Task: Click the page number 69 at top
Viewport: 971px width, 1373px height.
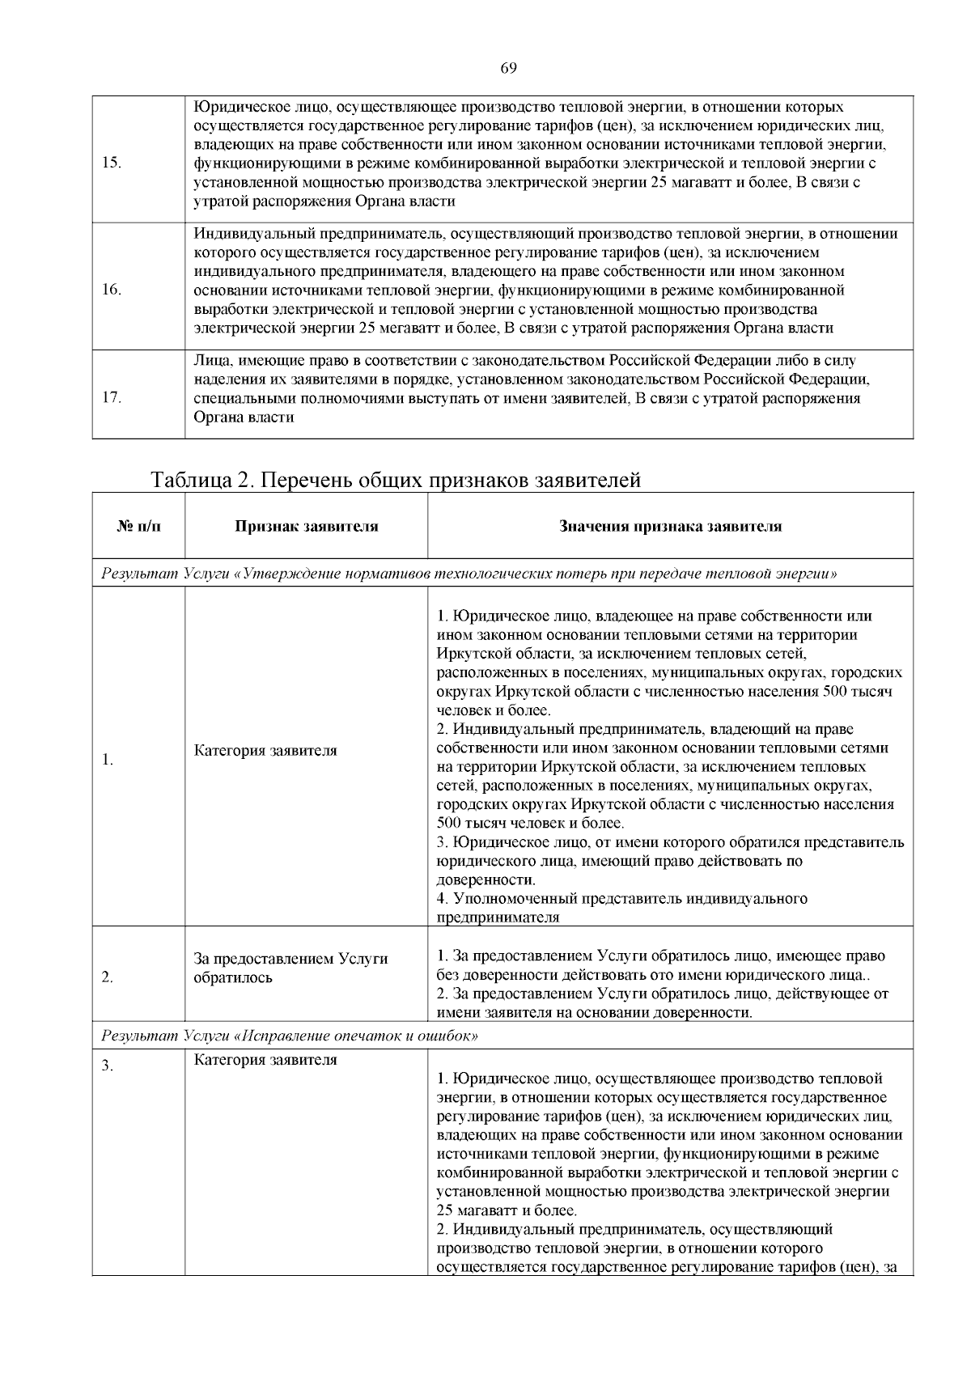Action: point(509,68)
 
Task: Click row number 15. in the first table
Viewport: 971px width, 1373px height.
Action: point(112,162)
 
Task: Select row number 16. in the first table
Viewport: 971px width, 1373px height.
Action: point(112,290)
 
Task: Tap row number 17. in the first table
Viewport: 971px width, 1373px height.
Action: point(112,398)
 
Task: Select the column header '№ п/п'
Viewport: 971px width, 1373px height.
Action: point(138,527)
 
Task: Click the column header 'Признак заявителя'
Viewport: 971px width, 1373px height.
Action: point(307,527)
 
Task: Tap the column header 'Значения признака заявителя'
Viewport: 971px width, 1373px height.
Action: point(670,527)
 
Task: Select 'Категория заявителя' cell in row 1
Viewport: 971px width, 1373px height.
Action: point(265,751)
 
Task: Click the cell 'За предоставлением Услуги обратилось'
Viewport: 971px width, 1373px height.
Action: point(290,968)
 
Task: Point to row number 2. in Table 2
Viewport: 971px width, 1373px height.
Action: point(107,977)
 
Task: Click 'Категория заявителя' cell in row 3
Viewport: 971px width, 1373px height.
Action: point(265,1060)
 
